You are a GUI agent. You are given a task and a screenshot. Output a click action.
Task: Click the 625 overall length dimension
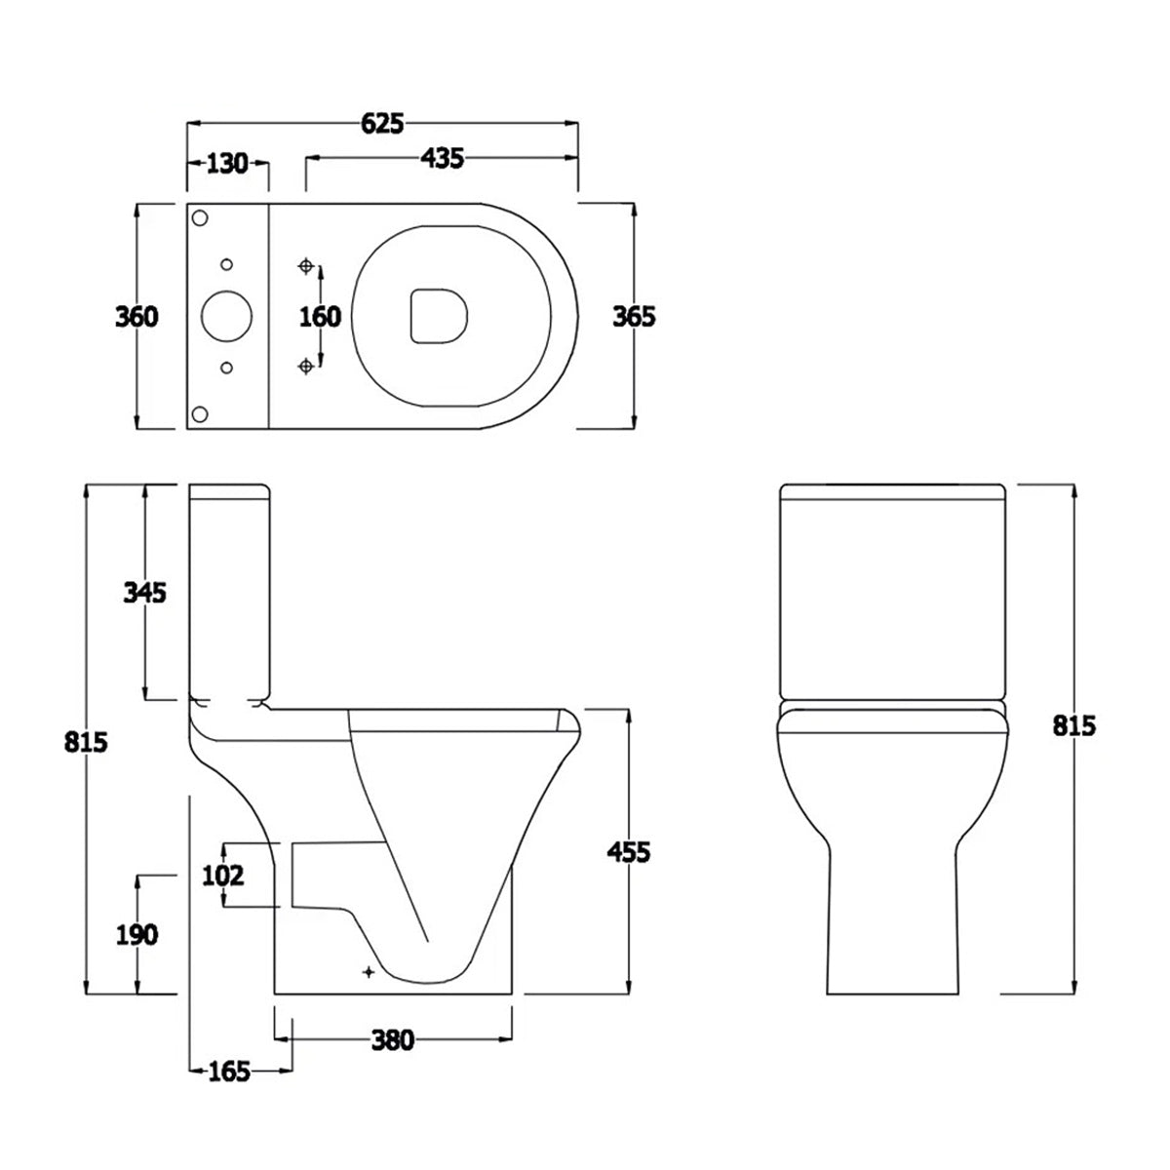point(382,123)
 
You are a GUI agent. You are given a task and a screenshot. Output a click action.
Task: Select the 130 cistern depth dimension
point(228,163)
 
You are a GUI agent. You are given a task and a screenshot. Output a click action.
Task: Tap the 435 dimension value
point(443,158)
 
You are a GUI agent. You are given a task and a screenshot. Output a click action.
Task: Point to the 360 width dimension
point(136,317)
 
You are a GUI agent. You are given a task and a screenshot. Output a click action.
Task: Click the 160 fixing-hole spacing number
point(320,317)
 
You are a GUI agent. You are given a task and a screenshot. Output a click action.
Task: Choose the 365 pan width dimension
point(634,317)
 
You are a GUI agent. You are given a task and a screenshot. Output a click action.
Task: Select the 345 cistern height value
point(145,592)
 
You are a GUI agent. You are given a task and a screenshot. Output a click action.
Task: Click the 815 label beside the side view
point(86,741)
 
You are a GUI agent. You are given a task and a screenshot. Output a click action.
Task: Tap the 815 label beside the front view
point(1074,725)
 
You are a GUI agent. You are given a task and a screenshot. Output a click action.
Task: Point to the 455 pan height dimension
point(628,851)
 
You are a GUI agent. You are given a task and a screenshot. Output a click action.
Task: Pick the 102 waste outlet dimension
point(222,876)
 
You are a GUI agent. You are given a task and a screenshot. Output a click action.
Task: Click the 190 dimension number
point(136,935)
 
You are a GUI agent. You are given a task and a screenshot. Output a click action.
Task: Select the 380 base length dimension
point(393,1040)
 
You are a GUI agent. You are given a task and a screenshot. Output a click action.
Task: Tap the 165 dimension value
point(229,1072)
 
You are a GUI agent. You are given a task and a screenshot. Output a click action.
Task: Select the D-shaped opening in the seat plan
point(438,316)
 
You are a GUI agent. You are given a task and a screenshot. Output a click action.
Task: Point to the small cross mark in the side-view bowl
point(368,970)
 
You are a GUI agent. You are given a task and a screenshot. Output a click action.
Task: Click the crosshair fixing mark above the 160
point(307,266)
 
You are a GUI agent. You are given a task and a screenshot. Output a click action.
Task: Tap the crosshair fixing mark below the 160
point(307,365)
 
